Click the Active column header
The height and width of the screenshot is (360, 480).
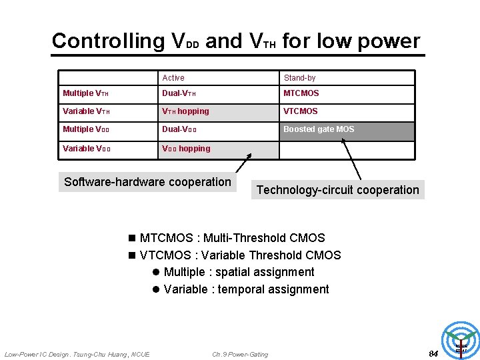tap(173, 78)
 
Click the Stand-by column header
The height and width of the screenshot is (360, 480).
tap(299, 78)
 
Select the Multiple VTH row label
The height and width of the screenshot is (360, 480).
tap(85, 93)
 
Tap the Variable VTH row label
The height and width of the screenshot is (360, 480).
tap(86, 111)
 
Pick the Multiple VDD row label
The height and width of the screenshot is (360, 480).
tap(86, 129)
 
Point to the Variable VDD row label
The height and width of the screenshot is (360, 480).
tap(87, 149)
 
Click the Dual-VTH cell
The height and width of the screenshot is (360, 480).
tap(179, 93)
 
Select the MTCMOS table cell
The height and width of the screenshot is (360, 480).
tap(301, 93)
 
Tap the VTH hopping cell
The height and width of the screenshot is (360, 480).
tap(185, 111)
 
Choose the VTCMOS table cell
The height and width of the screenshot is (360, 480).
tap(301, 111)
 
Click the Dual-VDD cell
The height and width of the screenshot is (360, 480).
tap(179, 129)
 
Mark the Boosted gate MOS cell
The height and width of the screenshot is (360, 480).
tap(319, 129)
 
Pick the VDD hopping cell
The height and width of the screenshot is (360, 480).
tap(186, 149)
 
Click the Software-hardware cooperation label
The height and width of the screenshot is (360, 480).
tap(147, 182)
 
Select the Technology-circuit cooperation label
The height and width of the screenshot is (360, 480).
tap(338, 190)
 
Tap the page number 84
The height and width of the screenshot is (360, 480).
tap(433, 353)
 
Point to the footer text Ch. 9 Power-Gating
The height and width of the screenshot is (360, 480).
tap(240, 354)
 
